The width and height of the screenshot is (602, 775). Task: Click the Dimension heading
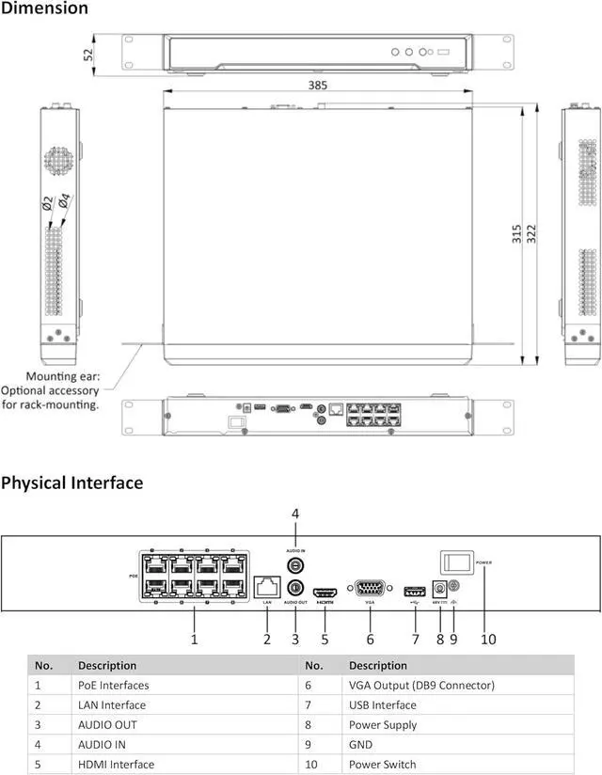coord(44,8)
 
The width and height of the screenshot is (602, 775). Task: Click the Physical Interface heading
coord(72,483)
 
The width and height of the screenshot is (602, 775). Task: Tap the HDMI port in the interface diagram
coord(325,593)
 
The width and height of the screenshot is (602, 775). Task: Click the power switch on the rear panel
coord(456,562)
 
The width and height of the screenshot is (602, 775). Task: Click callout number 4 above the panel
coord(294,514)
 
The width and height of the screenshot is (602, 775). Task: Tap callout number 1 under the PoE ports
coord(194,640)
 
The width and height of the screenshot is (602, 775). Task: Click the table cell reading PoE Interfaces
coord(113,686)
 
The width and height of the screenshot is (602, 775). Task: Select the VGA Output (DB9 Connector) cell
coord(420,686)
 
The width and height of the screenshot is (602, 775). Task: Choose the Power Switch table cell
coord(382,765)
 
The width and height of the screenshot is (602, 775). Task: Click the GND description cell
coord(360,745)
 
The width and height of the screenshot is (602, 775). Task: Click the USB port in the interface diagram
coord(414,592)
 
